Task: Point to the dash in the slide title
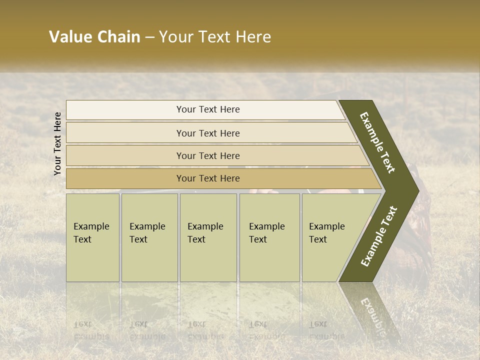[x=149, y=37]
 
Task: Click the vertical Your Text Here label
[x=57, y=143]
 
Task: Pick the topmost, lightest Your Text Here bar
[x=208, y=109]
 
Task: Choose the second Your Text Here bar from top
[x=208, y=133]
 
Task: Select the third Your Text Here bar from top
[x=208, y=155]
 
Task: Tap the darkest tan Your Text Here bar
[x=208, y=178]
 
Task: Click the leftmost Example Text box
[x=92, y=237]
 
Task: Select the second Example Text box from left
[x=149, y=237]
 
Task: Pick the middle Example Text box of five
[x=208, y=237]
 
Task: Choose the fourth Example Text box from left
[x=269, y=237]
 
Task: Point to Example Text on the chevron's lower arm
[x=378, y=236]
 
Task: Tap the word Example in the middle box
[x=205, y=226]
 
